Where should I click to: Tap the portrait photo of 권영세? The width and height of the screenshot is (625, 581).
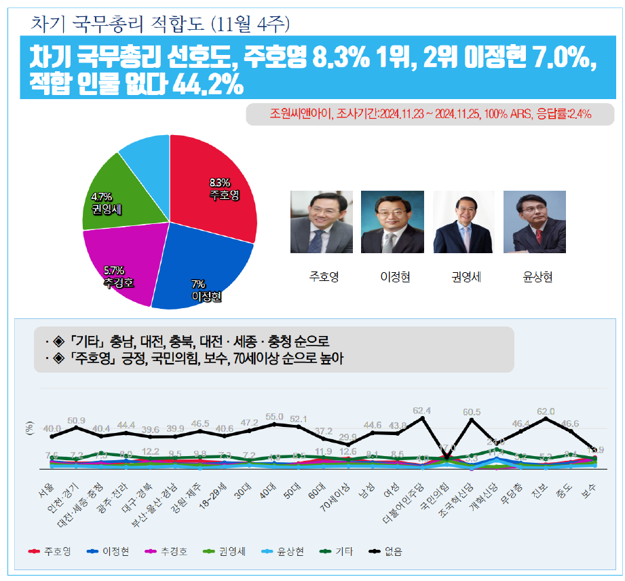point(463,222)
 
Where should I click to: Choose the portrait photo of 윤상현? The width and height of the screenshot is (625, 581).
point(534,222)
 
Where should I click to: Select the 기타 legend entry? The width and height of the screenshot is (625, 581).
point(335,552)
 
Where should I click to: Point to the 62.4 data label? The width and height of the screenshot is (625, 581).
point(422,411)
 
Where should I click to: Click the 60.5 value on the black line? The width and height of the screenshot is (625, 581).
point(472,412)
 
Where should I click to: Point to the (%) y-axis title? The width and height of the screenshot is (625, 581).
point(29,428)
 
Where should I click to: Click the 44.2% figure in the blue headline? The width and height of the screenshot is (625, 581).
point(208,85)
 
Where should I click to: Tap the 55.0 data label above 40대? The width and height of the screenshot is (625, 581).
point(274,417)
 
